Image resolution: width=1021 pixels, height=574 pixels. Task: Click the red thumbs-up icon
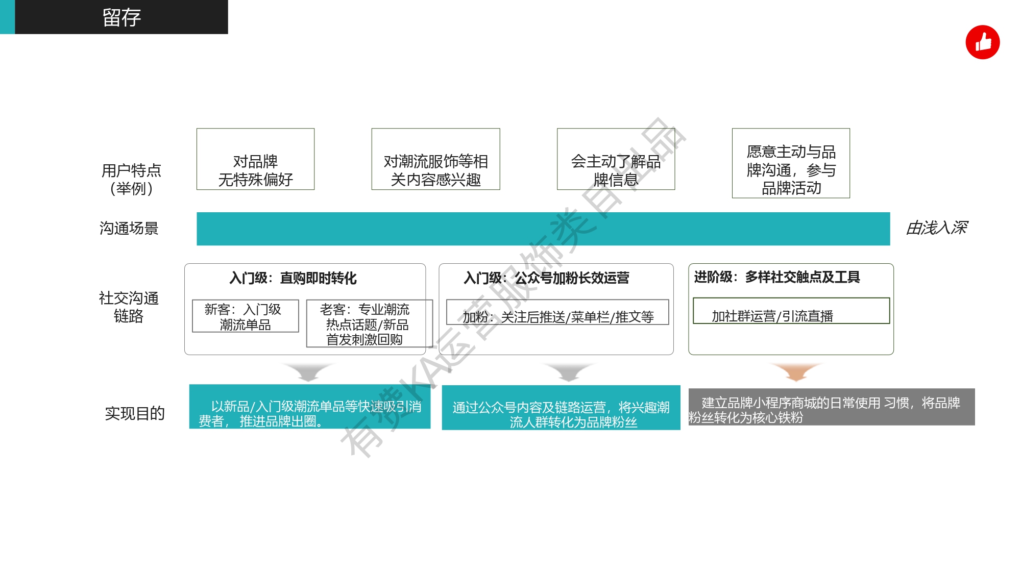pyautogui.click(x=982, y=42)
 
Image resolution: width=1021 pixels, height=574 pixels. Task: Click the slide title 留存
pyautogui.click(x=121, y=17)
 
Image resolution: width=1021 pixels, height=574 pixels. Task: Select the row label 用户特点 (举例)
pyautogui.click(x=131, y=179)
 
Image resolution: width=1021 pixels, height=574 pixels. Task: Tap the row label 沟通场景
pyautogui.click(x=129, y=228)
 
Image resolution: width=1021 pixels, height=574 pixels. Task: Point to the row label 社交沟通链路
pyautogui.click(x=129, y=307)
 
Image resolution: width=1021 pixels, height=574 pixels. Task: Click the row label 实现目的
pyautogui.click(x=135, y=413)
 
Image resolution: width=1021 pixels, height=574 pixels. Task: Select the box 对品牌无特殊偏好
pyautogui.click(x=255, y=159)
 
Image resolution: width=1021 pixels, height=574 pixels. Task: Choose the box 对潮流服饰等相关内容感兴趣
pyautogui.click(x=435, y=159)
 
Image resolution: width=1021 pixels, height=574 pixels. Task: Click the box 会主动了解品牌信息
pyautogui.click(x=616, y=159)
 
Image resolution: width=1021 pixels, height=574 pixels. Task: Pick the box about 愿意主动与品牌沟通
pyautogui.click(x=791, y=163)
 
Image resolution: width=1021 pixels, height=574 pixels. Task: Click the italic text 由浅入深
pyautogui.click(x=937, y=228)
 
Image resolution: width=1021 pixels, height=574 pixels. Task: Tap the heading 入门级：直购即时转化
pyautogui.click(x=293, y=278)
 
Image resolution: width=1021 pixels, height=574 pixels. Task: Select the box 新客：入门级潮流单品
pyautogui.click(x=246, y=316)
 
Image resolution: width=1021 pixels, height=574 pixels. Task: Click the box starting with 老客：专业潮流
pyautogui.click(x=369, y=323)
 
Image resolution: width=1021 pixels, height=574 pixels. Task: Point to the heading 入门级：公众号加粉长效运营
pyautogui.click(x=546, y=278)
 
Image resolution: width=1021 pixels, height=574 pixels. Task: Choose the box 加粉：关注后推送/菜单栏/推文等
pyautogui.click(x=557, y=312)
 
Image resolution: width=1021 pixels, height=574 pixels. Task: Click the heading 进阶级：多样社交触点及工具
pyautogui.click(x=777, y=277)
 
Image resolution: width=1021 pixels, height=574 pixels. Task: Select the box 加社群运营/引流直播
pyautogui.click(x=791, y=311)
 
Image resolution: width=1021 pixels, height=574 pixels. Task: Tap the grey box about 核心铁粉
pyautogui.click(x=832, y=407)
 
